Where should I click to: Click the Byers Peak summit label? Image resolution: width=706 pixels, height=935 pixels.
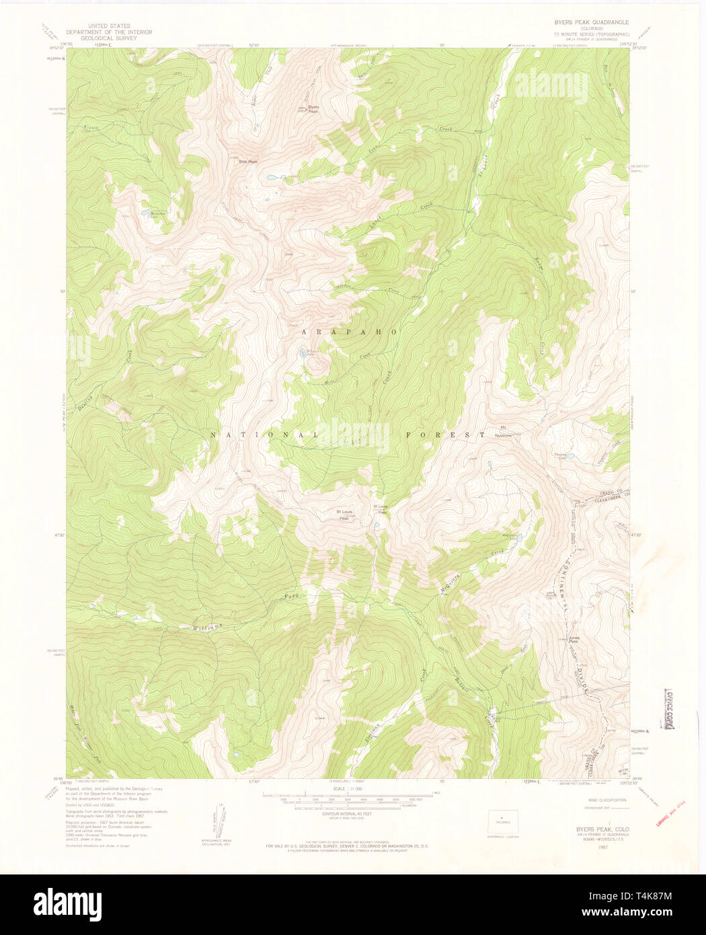pos(313,109)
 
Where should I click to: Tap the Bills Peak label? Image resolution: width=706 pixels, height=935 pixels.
pos(248,161)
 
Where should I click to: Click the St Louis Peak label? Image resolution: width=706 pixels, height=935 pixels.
pos(345,515)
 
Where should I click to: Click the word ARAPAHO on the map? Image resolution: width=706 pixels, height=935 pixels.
pos(346,332)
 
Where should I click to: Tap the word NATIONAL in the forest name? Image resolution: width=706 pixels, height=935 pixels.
pos(264,435)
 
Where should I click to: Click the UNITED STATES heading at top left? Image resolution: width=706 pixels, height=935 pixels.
pos(109,26)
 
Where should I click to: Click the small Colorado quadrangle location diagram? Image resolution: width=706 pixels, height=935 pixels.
pos(499,821)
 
